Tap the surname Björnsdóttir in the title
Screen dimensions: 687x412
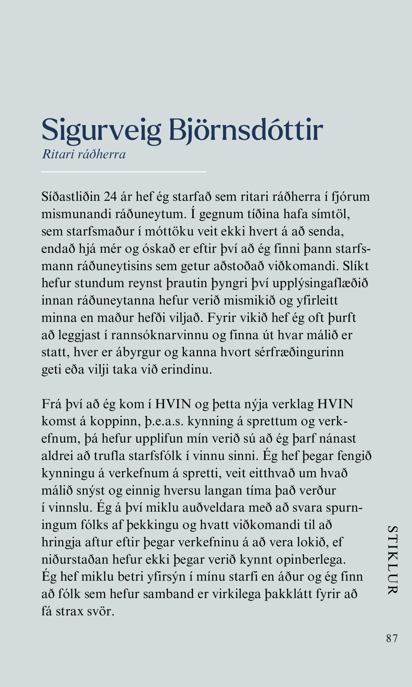point(246,130)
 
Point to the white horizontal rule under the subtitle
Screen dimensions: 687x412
point(123,172)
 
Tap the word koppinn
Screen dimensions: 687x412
point(114,422)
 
